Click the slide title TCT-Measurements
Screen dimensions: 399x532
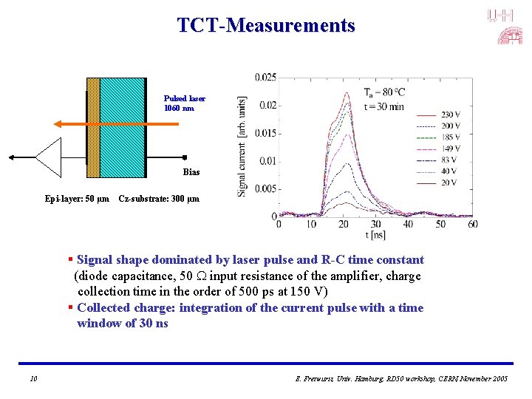pyautogui.click(x=266, y=26)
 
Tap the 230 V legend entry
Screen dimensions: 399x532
pyautogui.click(x=451, y=115)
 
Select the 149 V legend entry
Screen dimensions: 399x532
pyautogui.click(x=451, y=149)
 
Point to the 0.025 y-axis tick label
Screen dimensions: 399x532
pyautogui.click(x=265, y=78)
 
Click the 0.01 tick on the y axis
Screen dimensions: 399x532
pyautogui.click(x=267, y=161)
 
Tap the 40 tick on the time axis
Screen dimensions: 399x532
pyautogui.click(x=408, y=224)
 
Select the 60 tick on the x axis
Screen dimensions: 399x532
pyautogui.click(x=473, y=224)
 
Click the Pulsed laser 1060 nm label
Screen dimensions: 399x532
pyautogui.click(x=185, y=103)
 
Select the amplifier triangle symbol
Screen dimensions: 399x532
pyautogui.click(x=50, y=157)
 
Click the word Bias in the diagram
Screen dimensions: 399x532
pyautogui.click(x=191, y=172)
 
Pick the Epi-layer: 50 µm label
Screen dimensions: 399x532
pyautogui.click(x=77, y=199)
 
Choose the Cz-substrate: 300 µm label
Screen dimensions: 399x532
pyautogui.click(x=159, y=199)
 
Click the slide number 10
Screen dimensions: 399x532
pyautogui.click(x=33, y=378)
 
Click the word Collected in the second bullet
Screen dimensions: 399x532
pyautogui.click(x=109, y=308)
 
